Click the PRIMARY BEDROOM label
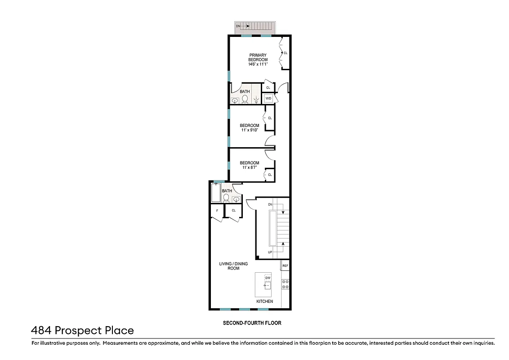258,57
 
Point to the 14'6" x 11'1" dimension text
258,64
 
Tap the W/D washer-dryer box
268,98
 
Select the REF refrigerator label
285,266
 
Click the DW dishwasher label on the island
268,278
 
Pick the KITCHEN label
264,301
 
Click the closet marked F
217,211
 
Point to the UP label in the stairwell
270,252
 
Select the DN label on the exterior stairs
238,27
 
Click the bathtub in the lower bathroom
215,193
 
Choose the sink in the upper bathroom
235,101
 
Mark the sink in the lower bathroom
236,199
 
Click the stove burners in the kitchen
285,284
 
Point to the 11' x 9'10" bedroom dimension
249,130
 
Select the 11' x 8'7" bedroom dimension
249,167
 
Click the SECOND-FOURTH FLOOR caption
252,323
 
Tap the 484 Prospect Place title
82,331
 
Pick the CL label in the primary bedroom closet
286,53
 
